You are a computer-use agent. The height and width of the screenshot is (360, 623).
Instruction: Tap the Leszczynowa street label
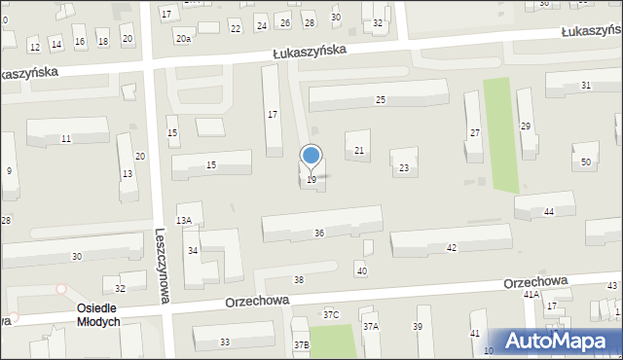coord(161,266)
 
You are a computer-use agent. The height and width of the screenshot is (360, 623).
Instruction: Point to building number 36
coord(319,233)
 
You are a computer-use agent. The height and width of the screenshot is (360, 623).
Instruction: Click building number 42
coord(451,248)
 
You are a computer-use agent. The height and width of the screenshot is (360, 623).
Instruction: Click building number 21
coord(359,150)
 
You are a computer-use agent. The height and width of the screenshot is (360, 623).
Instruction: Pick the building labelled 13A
coord(183,221)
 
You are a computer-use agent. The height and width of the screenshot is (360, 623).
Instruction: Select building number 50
coord(586,161)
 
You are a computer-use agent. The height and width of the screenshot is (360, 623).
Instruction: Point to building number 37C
coord(331,314)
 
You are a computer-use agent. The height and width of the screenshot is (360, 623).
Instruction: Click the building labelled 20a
coord(183,38)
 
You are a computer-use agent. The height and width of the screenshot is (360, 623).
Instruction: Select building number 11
coord(65,139)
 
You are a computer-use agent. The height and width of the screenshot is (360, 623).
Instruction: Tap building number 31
coord(585,86)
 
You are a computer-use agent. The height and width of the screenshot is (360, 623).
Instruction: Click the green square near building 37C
coord(333,341)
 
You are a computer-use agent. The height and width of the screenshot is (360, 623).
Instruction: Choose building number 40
coord(362,270)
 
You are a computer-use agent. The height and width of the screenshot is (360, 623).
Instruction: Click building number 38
coord(299,280)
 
